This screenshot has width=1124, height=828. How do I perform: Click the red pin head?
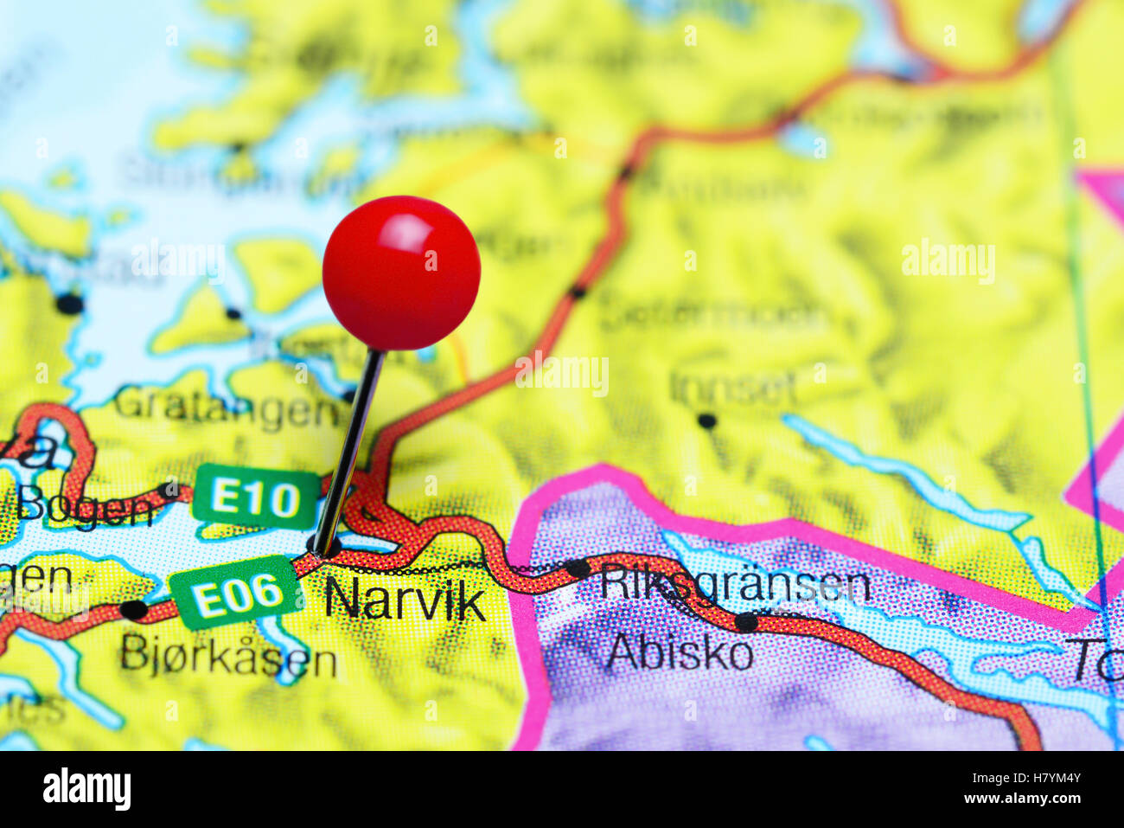point(401,273)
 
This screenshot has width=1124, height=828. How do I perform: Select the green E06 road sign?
point(235,594)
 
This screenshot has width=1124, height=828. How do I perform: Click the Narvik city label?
point(405,599)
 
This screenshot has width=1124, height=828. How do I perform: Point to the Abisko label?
point(679,652)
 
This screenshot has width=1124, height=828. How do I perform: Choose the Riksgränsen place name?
point(735,585)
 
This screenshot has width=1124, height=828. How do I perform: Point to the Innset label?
point(732,388)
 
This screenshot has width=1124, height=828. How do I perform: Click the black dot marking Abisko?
point(745,622)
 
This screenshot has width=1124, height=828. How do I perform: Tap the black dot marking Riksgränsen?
point(578,568)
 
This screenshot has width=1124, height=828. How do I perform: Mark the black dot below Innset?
point(707,421)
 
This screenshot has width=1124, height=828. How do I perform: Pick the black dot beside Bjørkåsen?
point(133,610)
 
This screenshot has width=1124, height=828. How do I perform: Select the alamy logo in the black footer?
point(86,789)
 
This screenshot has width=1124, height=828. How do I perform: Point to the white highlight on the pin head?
point(406,230)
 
